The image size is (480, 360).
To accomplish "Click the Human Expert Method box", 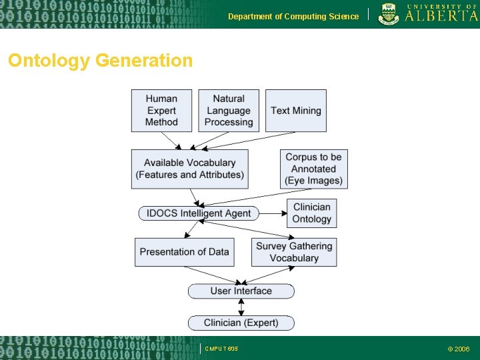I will [161, 110].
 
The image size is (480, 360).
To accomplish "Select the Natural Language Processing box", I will [229, 110].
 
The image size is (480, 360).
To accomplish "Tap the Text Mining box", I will [296, 110].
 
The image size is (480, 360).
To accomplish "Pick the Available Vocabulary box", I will [190, 169].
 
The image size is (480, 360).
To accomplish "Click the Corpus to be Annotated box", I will [313, 169].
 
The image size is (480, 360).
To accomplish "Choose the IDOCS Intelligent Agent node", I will [199, 213].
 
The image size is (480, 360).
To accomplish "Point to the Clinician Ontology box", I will [311, 213].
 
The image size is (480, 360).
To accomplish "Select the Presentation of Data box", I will [184, 252].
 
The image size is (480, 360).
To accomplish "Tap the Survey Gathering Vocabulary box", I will [294, 252].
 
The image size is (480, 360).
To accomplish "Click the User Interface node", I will [241, 291].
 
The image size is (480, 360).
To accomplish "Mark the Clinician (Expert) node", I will [241, 323].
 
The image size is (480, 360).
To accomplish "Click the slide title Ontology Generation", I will [100, 61].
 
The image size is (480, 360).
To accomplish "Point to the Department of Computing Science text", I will [293, 16].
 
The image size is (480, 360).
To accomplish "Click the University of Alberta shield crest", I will [389, 14].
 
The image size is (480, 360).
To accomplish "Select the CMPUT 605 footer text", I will [221, 349].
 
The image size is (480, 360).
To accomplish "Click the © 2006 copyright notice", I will [458, 349].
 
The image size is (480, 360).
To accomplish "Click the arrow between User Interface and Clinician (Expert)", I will [241, 307].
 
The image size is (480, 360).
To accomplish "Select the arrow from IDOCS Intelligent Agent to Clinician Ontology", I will [272, 213].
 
